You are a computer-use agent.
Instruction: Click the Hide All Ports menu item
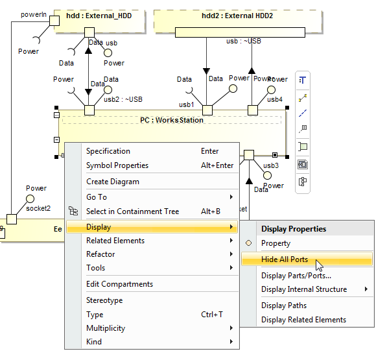(285, 259)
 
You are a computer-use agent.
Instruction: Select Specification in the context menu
(108, 151)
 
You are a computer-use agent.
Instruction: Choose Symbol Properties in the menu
(117, 165)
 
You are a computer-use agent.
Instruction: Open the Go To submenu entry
(97, 197)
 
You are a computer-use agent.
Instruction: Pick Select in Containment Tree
(133, 211)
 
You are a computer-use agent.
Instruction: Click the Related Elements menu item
(115, 241)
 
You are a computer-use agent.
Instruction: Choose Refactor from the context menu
(100, 254)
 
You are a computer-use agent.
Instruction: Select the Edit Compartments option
(119, 284)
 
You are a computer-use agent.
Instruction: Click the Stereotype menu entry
(104, 300)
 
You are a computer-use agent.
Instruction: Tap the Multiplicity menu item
(106, 328)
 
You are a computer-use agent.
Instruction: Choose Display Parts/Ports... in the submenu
(296, 276)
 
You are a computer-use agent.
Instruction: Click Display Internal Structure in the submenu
(303, 289)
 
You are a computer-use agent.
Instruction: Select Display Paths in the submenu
(284, 306)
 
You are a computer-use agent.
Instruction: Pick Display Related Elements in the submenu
(303, 320)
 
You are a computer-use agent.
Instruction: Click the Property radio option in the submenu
(276, 243)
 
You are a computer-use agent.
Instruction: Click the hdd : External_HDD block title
(99, 16)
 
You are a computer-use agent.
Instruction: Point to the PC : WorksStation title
(172, 120)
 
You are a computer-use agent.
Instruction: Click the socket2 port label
(38, 210)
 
